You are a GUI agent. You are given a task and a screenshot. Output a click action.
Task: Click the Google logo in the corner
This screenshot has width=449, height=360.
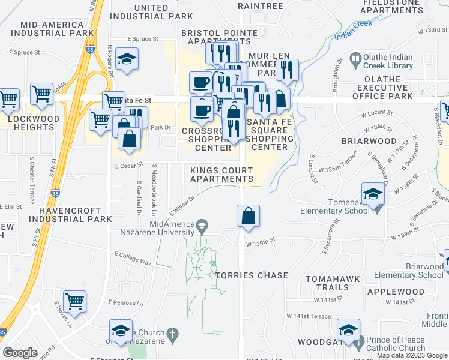[x=20, y=353]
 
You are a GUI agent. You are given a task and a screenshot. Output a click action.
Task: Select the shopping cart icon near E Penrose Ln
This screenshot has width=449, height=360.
[x=74, y=302]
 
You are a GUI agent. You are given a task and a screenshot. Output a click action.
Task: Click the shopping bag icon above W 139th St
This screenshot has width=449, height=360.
[x=248, y=216]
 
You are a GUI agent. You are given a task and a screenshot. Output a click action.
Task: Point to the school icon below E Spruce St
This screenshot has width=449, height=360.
[x=127, y=59]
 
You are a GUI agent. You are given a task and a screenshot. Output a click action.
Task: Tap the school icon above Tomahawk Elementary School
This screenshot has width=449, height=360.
[x=373, y=193]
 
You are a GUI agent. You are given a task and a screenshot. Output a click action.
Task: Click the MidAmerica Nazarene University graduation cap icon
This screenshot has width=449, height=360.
[x=202, y=225]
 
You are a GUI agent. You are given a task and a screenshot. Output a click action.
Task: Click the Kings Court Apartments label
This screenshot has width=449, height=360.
[x=221, y=175]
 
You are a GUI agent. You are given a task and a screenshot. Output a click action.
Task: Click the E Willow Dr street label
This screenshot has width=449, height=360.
[x=183, y=206]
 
